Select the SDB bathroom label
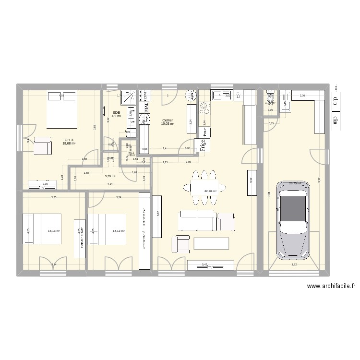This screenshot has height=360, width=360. [116, 112]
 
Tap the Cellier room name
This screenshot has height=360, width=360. [168, 120]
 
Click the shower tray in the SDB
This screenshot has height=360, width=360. [128, 98]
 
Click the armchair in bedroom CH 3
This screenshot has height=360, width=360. [42, 146]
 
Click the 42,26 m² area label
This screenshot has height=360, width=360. [210, 191]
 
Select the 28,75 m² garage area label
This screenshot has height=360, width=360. [295, 183]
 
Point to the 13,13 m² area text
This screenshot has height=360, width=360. [54, 231]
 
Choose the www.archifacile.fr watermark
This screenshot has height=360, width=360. [331, 287]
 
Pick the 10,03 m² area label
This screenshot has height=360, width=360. [168, 124]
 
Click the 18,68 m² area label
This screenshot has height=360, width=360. [70, 144]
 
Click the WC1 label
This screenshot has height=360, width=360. [131, 153]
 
